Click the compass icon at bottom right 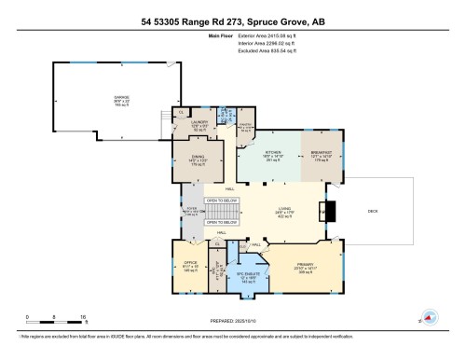[430, 317]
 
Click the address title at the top [233, 20]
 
